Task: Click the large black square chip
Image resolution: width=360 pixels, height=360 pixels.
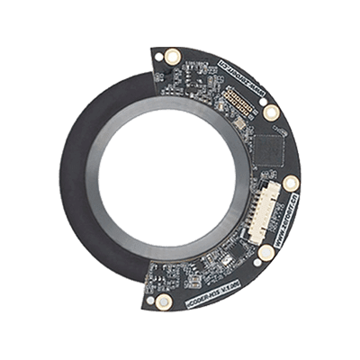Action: click(x=267, y=147)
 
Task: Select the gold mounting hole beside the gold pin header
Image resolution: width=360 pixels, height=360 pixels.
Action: click(x=268, y=112)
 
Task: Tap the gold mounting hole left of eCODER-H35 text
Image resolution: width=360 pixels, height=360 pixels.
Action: click(x=163, y=299)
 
